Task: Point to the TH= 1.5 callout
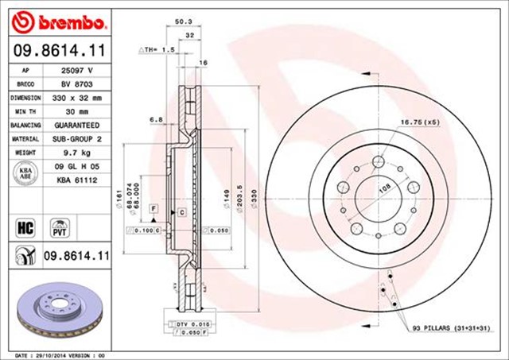[x=157, y=49]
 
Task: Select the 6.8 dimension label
[x=157, y=120]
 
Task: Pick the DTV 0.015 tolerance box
[x=188, y=324]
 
